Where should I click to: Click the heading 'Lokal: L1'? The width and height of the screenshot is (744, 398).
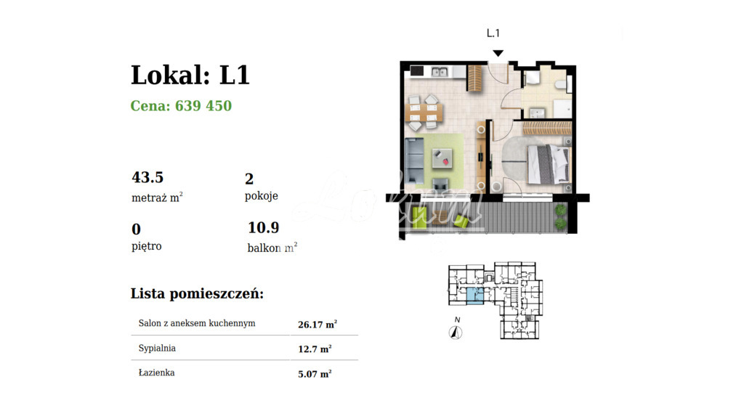tap(190, 75)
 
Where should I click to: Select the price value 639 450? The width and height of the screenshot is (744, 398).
tap(203, 106)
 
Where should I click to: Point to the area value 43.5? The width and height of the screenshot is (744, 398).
tap(147, 177)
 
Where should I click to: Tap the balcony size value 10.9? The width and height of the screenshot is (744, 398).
tap(263, 228)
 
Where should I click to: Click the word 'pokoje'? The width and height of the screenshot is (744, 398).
tap(262, 196)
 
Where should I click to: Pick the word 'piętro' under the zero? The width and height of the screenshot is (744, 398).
tap(147, 246)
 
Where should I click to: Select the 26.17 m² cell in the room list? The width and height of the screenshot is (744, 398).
tap(318, 325)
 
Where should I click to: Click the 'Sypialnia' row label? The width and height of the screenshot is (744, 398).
tap(157, 348)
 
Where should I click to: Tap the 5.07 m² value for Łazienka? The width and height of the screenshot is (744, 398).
tap(315, 374)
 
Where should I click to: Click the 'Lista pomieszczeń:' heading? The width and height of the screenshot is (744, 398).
tap(197, 294)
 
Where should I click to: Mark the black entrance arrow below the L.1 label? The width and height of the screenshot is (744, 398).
tap(498, 53)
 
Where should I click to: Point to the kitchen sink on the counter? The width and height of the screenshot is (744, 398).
tap(439, 72)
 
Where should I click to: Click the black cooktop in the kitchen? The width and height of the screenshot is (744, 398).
tap(417, 71)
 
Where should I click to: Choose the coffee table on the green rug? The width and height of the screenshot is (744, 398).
tap(440, 155)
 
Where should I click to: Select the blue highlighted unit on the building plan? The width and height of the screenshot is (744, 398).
tap(473, 296)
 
